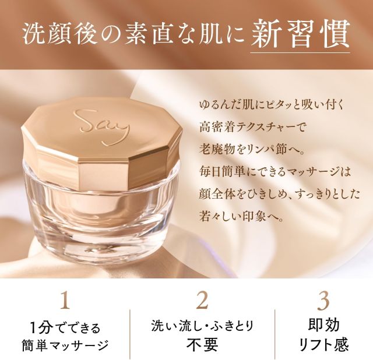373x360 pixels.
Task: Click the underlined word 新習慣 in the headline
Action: pos(301,35)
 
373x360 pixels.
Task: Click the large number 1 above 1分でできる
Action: pos(65,300)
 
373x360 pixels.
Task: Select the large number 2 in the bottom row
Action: pos(202,300)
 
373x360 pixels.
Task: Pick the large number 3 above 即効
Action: pos(323,301)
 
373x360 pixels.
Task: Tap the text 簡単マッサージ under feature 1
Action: pos(65,345)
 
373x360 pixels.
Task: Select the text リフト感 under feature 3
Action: pos(323,345)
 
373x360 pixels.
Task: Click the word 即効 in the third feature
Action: pos(323,325)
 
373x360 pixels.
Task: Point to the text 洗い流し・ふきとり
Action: pos(202,326)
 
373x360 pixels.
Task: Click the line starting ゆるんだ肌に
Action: pos(272,105)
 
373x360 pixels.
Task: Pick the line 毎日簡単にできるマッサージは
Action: pos(275,172)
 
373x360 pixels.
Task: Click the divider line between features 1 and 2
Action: pos(130,334)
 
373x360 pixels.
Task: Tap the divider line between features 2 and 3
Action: pos(275,334)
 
